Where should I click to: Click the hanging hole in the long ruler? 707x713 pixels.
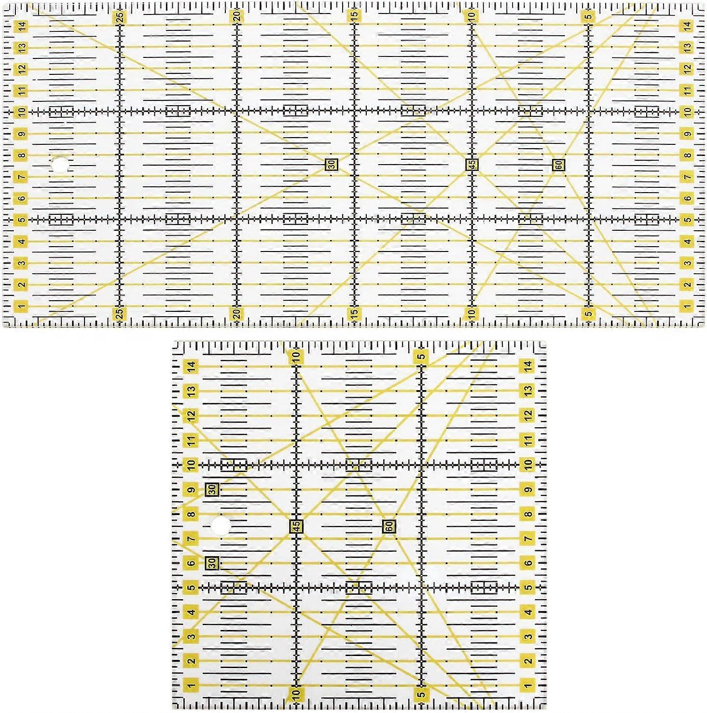[x=59, y=165]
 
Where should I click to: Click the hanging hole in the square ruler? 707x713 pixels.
[x=222, y=526]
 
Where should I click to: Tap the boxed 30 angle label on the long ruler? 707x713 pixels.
[x=332, y=165]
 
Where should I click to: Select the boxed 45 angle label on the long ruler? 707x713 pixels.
[x=472, y=165]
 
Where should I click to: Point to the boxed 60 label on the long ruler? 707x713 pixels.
[x=558, y=165]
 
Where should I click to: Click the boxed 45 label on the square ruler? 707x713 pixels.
[x=296, y=526]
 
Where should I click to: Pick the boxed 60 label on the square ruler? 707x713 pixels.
[x=389, y=526]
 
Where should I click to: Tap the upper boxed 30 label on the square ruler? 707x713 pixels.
[x=212, y=489]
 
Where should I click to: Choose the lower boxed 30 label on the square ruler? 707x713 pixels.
[x=212, y=563]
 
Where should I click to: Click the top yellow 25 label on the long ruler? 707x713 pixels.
[x=120, y=17]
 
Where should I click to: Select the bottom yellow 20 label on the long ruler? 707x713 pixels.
[x=237, y=314]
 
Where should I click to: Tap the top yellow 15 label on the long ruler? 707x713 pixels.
[x=355, y=16]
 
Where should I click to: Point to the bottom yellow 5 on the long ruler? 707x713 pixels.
[x=588, y=314]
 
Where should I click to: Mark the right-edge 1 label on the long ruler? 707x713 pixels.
[x=687, y=306]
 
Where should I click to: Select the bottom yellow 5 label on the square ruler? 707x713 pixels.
[x=421, y=694]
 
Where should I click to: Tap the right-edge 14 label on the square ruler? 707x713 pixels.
[x=528, y=366]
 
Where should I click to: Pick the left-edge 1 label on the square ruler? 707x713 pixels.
[x=192, y=685]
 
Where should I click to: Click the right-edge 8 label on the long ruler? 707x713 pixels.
[x=687, y=155]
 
